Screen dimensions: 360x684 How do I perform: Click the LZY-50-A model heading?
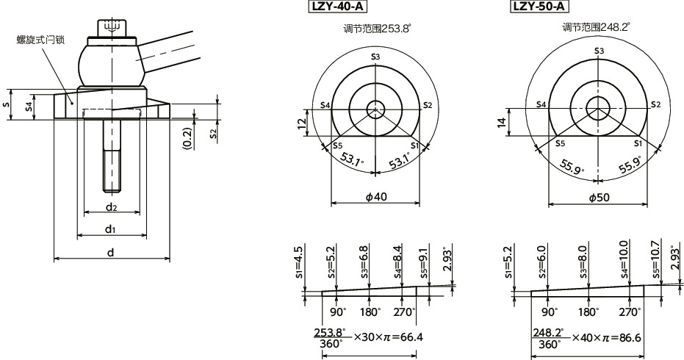pos(539,7)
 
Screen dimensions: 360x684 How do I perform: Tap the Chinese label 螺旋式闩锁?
pos(41,40)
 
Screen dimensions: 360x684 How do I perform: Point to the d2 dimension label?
pos(110,207)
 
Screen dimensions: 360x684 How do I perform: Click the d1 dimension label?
pos(110,229)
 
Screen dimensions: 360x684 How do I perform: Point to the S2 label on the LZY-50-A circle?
pos(655,104)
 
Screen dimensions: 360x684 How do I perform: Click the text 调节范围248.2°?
pos(596,27)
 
